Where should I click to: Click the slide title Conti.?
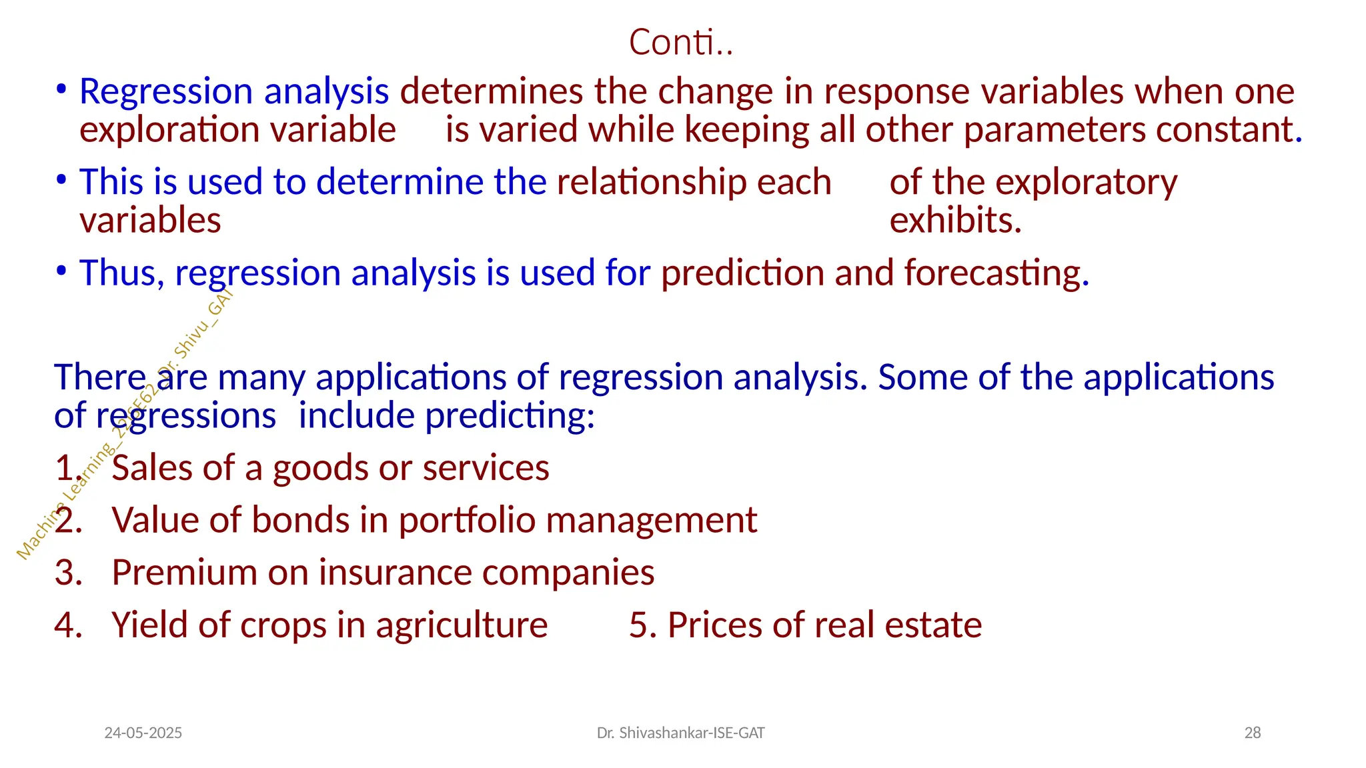click(680, 43)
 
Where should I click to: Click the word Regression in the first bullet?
click(166, 91)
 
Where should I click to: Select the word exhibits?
click(955, 221)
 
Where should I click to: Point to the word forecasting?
click(996, 273)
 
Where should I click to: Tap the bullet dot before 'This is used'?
click(61, 180)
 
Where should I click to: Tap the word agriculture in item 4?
click(462, 625)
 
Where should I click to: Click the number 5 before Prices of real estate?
click(638, 625)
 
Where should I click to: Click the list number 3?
click(66, 573)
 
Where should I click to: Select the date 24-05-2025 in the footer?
click(143, 733)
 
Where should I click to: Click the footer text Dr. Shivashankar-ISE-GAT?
click(680, 733)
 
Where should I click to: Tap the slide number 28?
click(1252, 733)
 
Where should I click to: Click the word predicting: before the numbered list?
click(510, 417)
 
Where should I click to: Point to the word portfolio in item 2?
click(467, 521)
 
